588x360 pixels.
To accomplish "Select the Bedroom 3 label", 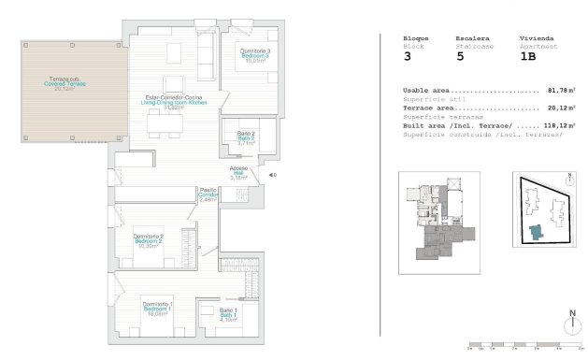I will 255,55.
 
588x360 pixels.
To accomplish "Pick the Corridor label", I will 208,194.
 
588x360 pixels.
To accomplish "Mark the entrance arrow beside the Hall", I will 272,175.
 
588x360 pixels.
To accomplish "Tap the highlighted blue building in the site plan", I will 535,231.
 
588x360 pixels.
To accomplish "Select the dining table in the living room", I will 165,124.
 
